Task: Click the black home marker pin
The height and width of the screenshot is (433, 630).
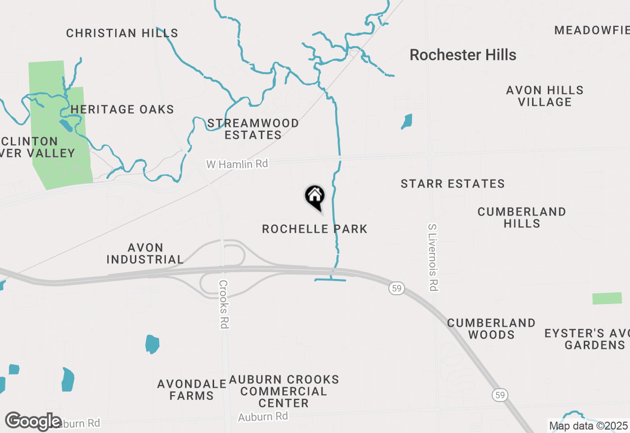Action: pyautogui.click(x=315, y=197)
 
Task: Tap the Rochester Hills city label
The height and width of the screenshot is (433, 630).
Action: pyautogui.click(x=463, y=55)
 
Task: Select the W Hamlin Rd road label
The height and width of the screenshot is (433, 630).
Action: pyautogui.click(x=237, y=164)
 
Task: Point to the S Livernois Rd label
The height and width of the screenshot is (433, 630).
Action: pyautogui.click(x=433, y=256)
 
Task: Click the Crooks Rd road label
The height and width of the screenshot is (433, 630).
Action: pyautogui.click(x=224, y=304)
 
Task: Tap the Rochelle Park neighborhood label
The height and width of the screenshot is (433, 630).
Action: pyautogui.click(x=315, y=229)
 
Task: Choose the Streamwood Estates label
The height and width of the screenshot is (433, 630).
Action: pyautogui.click(x=253, y=129)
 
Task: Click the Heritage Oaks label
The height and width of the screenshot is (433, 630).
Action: pyautogui.click(x=122, y=109)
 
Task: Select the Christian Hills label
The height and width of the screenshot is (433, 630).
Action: pyautogui.click(x=122, y=33)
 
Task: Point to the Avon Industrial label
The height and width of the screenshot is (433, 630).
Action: pyautogui.click(x=145, y=253)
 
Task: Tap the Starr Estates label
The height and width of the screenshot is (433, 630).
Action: pyautogui.click(x=452, y=184)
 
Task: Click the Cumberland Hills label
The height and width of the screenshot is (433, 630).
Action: pyautogui.click(x=522, y=217)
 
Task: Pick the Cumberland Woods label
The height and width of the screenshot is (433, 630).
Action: pyautogui.click(x=491, y=329)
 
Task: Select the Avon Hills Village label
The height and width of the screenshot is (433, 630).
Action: pyautogui.click(x=545, y=96)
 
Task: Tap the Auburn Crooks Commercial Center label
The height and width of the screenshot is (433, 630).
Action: pyautogui.click(x=284, y=391)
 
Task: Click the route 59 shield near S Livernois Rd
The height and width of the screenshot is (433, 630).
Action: pyautogui.click(x=397, y=288)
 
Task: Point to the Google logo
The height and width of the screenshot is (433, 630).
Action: pyautogui.click(x=33, y=421)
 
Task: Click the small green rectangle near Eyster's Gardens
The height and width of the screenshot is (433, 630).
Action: pyautogui.click(x=607, y=298)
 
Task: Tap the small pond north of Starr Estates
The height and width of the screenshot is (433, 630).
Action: pyautogui.click(x=407, y=121)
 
